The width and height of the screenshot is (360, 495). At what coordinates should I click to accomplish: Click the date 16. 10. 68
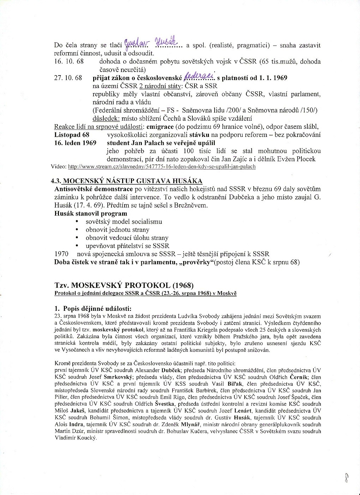pyautogui.click(x=69, y=62)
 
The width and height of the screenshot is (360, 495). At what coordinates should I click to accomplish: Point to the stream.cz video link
pyautogui.click(x=162, y=167)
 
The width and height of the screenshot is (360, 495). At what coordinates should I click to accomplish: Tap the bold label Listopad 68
pyautogui.click(x=72, y=135)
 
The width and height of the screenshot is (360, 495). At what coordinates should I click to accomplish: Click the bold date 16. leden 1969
pyautogui.click(x=76, y=143)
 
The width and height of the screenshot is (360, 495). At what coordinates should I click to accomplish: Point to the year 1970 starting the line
pyautogui.click(x=61, y=254)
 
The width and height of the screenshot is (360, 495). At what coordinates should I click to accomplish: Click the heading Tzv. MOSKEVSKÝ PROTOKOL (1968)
pyautogui.click(x=124, y=285)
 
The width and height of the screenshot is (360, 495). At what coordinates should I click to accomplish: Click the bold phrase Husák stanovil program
pyautogui.click(x=91, y=213)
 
